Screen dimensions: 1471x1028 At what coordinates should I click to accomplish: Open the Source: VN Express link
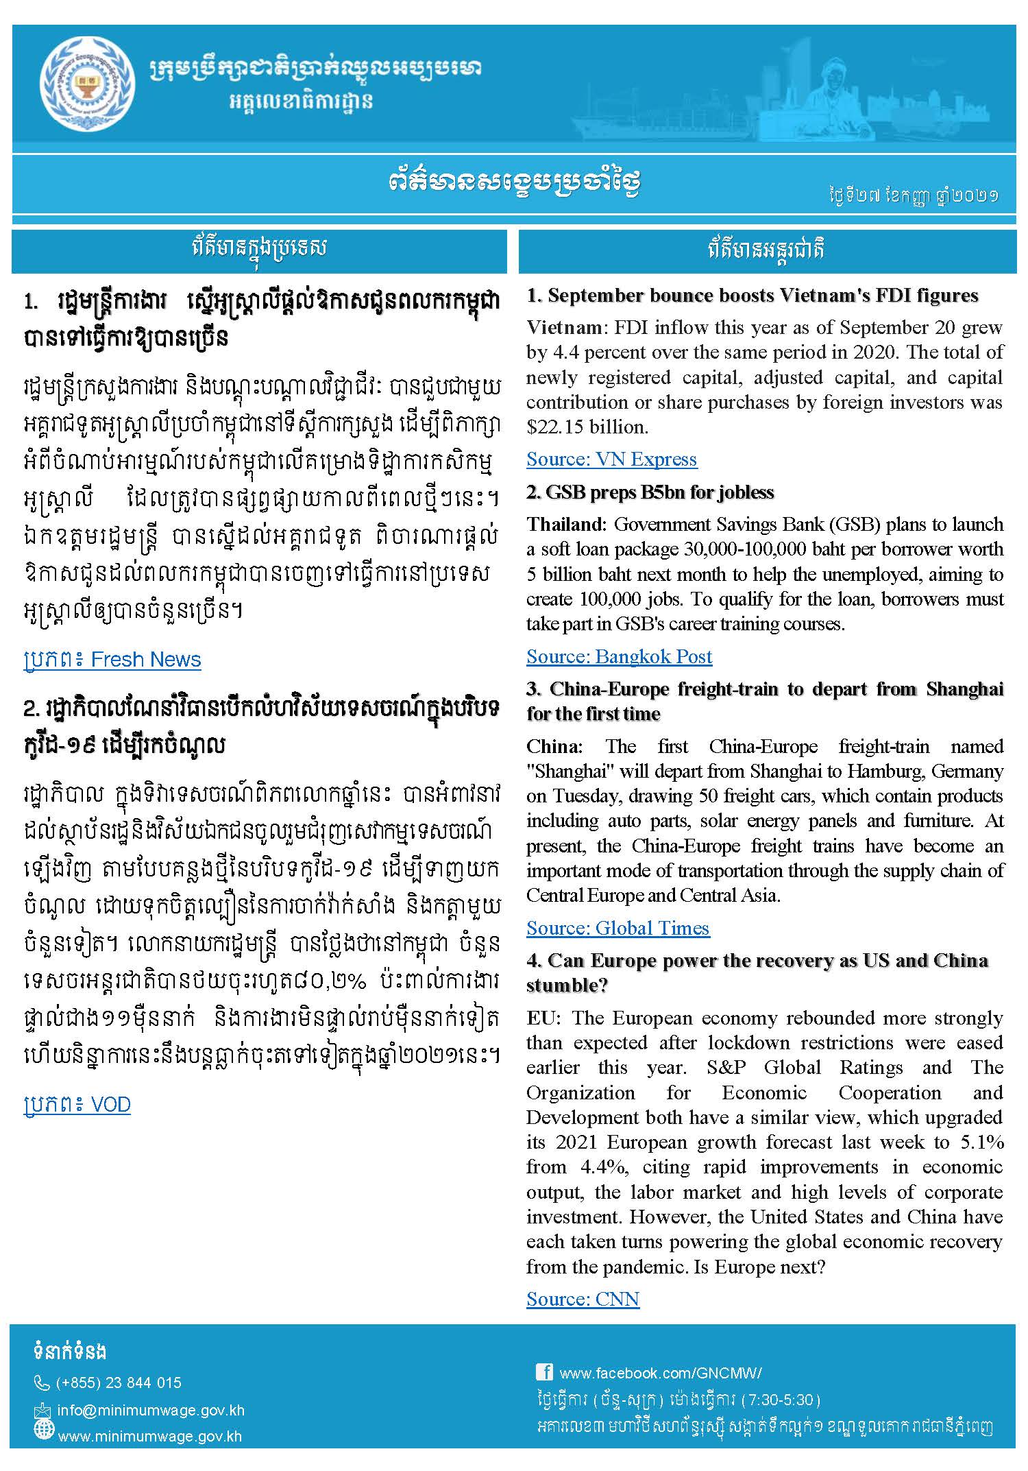(611, 459)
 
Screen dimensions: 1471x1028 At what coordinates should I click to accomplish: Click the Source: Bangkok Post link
(619, 657)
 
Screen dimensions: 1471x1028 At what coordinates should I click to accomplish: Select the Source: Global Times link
(617, 929)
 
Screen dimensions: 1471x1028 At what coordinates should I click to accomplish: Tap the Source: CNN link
(583, 1300)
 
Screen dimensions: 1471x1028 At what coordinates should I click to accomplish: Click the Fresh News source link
(112, 660)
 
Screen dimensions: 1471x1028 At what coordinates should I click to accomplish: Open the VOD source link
(77, 1105)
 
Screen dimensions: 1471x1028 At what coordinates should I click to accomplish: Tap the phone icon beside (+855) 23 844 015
(42, 1383)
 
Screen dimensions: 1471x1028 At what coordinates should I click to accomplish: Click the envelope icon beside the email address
(42, 1411)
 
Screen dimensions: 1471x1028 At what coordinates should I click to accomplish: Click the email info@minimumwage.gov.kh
(151, 1411)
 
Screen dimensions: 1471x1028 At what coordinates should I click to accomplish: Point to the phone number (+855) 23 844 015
(119, 1383)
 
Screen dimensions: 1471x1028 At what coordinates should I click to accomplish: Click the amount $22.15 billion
(586, 427)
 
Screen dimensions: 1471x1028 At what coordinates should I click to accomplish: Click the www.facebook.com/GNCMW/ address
(661, 1373)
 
